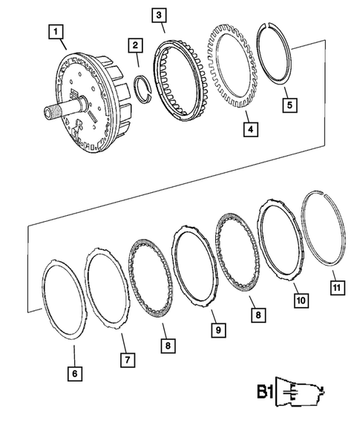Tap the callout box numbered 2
click(134, 46)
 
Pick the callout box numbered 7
click(127, 360)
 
